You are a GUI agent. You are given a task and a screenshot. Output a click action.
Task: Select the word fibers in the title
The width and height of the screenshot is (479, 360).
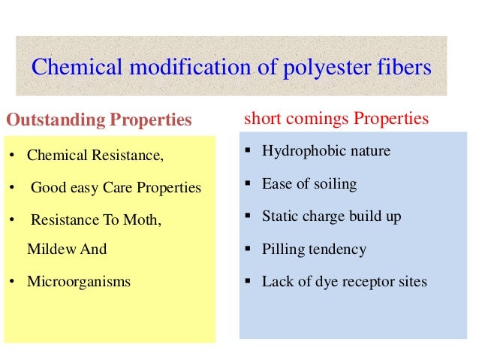tap(406, 68)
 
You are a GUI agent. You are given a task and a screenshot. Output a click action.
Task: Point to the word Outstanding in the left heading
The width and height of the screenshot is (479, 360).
tap(56, 120)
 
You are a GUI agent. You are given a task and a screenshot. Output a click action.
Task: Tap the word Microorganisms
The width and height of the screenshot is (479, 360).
tap(79, 283)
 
